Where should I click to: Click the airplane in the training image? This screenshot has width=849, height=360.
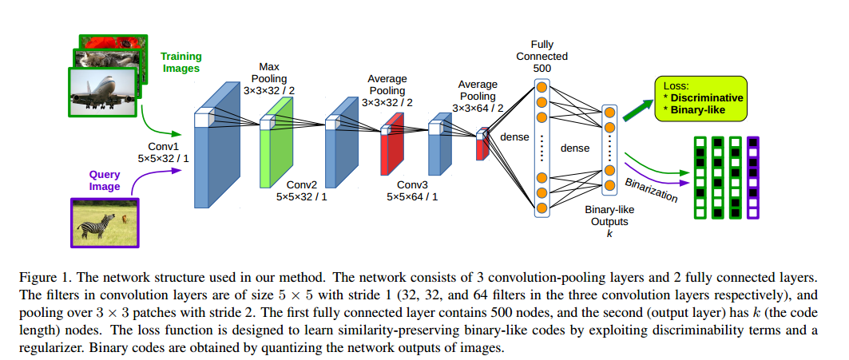[105, 90]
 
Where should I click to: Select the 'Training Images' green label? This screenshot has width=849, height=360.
[181, 62]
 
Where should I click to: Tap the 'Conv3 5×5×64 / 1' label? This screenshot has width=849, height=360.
[412, 188]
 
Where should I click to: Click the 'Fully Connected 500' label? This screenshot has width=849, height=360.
[542, 57]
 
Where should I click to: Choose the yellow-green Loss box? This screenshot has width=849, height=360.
[700, 98]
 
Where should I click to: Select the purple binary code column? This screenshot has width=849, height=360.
[752, 178]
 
